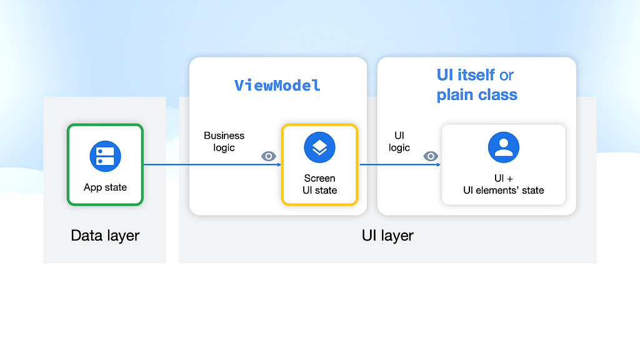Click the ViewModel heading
click(277, 85)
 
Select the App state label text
click(105, 187)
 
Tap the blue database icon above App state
click(105, 156)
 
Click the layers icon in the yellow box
click(319, 147)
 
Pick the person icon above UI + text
click(504, 147)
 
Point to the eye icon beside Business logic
click(269, 156)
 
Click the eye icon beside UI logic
click(431, 156)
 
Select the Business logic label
click(224, 141)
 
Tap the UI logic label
click(399, 141)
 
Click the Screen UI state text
click(319, 184)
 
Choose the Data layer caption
click(105, 236)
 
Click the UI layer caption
click(387, 236)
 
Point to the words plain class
click(477, 95)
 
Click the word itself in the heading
click(476, 75)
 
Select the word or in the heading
click(506, 76)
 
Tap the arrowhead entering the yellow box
click(279, 165)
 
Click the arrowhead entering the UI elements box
click(439, 165)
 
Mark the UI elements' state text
click(504, 190)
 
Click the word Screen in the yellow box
click(319, 178)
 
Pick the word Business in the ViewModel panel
click(224, 136)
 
